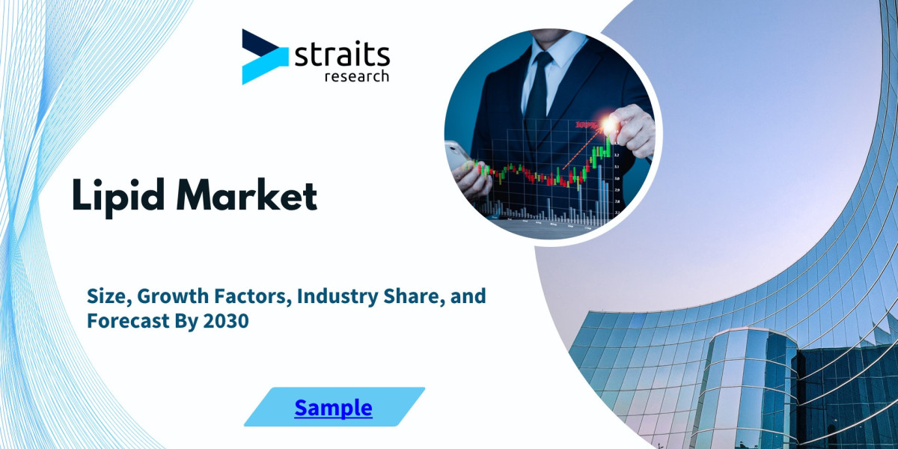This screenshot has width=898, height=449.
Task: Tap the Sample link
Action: pyautogui.click(x=333, y=408)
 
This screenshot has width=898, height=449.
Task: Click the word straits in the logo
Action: pyautogui.click(x=343, y=55)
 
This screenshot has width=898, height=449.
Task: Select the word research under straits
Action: pyautogui.click(x=356, y=76)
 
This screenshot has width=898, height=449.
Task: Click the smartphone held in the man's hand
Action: pyautogui.click(x=458, y=155)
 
